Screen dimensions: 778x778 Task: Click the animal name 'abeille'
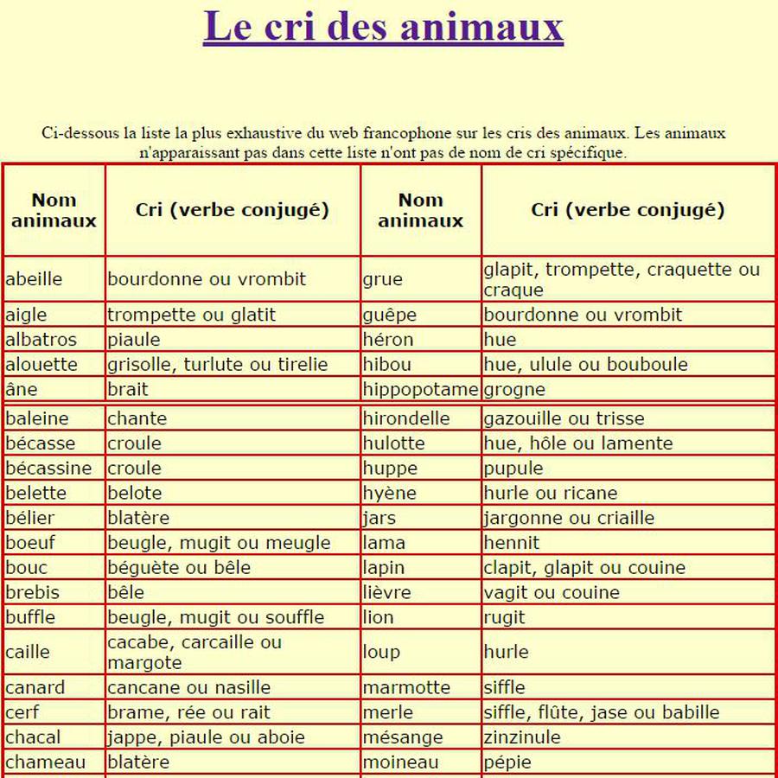(x=34, y=279)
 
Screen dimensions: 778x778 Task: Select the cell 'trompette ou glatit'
(x=191, y=315)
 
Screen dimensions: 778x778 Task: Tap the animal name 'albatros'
(x=41, y=340)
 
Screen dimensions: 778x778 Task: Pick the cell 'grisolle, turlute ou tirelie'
(x=217, y=365)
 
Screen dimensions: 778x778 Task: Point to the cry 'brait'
(x=127, y=390)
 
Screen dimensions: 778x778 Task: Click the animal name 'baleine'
(x=37, y=419)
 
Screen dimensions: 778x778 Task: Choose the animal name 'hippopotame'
(x=420, y=390)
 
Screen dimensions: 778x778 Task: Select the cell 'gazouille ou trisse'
(x=564, y=419)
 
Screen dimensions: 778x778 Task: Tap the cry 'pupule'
(x=513, y=469)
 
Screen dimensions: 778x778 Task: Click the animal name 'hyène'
(x=389, y=494)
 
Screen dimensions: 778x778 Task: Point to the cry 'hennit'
(x=511, y=544)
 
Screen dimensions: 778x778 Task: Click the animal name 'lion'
(x=378, y=618)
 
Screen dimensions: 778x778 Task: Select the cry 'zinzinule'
(x=522, y=737)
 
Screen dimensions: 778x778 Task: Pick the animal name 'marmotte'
(x=406, y=688)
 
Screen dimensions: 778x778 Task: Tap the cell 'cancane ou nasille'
(x=188, y=688)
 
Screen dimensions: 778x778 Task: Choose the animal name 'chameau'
(x=46, y=762)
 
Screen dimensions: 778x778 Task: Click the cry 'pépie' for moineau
(x=507, y=762)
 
